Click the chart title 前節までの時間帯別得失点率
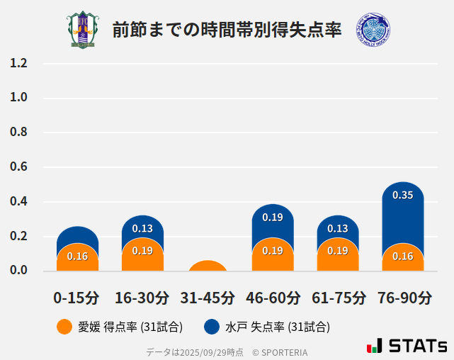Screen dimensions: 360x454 pos(227,30)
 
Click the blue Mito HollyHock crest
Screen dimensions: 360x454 pos(373,30)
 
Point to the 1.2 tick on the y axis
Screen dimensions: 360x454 pos(18,64)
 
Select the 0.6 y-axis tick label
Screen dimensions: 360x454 pos(18,167)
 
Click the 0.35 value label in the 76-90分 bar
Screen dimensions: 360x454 pos(402,195)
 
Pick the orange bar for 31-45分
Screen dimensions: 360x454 pos(208,266)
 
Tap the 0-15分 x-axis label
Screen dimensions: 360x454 pos(77,297)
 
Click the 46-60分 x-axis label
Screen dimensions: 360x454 pos(273,297)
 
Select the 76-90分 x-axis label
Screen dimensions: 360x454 pos(402,297)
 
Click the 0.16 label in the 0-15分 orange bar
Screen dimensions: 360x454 pos(77,256)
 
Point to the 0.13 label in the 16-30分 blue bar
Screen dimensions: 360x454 pos(142,228)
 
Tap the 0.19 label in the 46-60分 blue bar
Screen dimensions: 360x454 pos(273,218)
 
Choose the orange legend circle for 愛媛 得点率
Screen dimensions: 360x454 pos(64,327)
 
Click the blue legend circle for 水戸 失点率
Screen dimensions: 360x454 pos(211,327)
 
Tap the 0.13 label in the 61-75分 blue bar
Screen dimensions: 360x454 pos(338,228)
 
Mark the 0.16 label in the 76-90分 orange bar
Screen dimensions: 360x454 pos(402,256)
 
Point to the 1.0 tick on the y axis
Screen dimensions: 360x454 pos(18,98)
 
